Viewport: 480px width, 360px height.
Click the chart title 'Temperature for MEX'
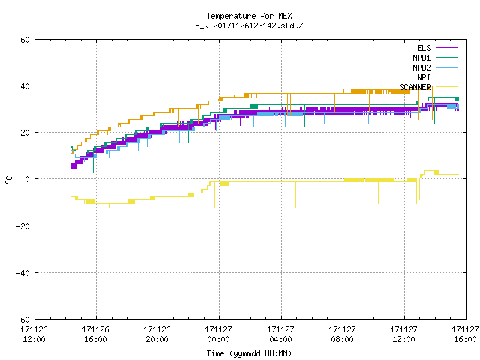[x=249, y=16]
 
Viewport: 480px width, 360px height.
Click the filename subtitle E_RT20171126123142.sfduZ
[x=249, y=25]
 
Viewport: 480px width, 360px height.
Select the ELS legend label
[x=424, y=48]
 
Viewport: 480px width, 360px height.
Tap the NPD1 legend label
[x=421, y=58]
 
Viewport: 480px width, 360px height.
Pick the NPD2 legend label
[x=421, y=67]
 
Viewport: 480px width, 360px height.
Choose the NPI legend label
[x=424, y=77]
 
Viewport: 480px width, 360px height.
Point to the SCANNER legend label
[x=415, y=87]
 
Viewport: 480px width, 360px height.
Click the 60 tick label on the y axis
[x=25, y=40]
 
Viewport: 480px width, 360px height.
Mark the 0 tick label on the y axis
[x=28, y=179]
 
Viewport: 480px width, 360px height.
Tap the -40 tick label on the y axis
[x=23, y=273]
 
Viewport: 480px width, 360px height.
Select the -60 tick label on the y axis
[x=23, y=319]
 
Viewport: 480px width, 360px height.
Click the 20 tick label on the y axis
[x=25, y=133]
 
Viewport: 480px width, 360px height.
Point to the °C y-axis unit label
[x=8, y=180]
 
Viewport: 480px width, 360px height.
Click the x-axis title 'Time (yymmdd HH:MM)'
[x=249, y=353]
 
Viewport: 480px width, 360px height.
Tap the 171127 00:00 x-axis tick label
[x=218, y=334]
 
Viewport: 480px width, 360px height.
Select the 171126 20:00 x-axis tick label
[x=157, y=334]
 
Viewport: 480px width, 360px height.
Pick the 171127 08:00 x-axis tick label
[x=342, y=334]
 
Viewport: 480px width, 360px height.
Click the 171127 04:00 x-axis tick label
[x=280, y=334]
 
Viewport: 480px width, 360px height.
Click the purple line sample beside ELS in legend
[x=447, y=48]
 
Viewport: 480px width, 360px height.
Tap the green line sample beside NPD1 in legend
[x=447, y=58]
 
